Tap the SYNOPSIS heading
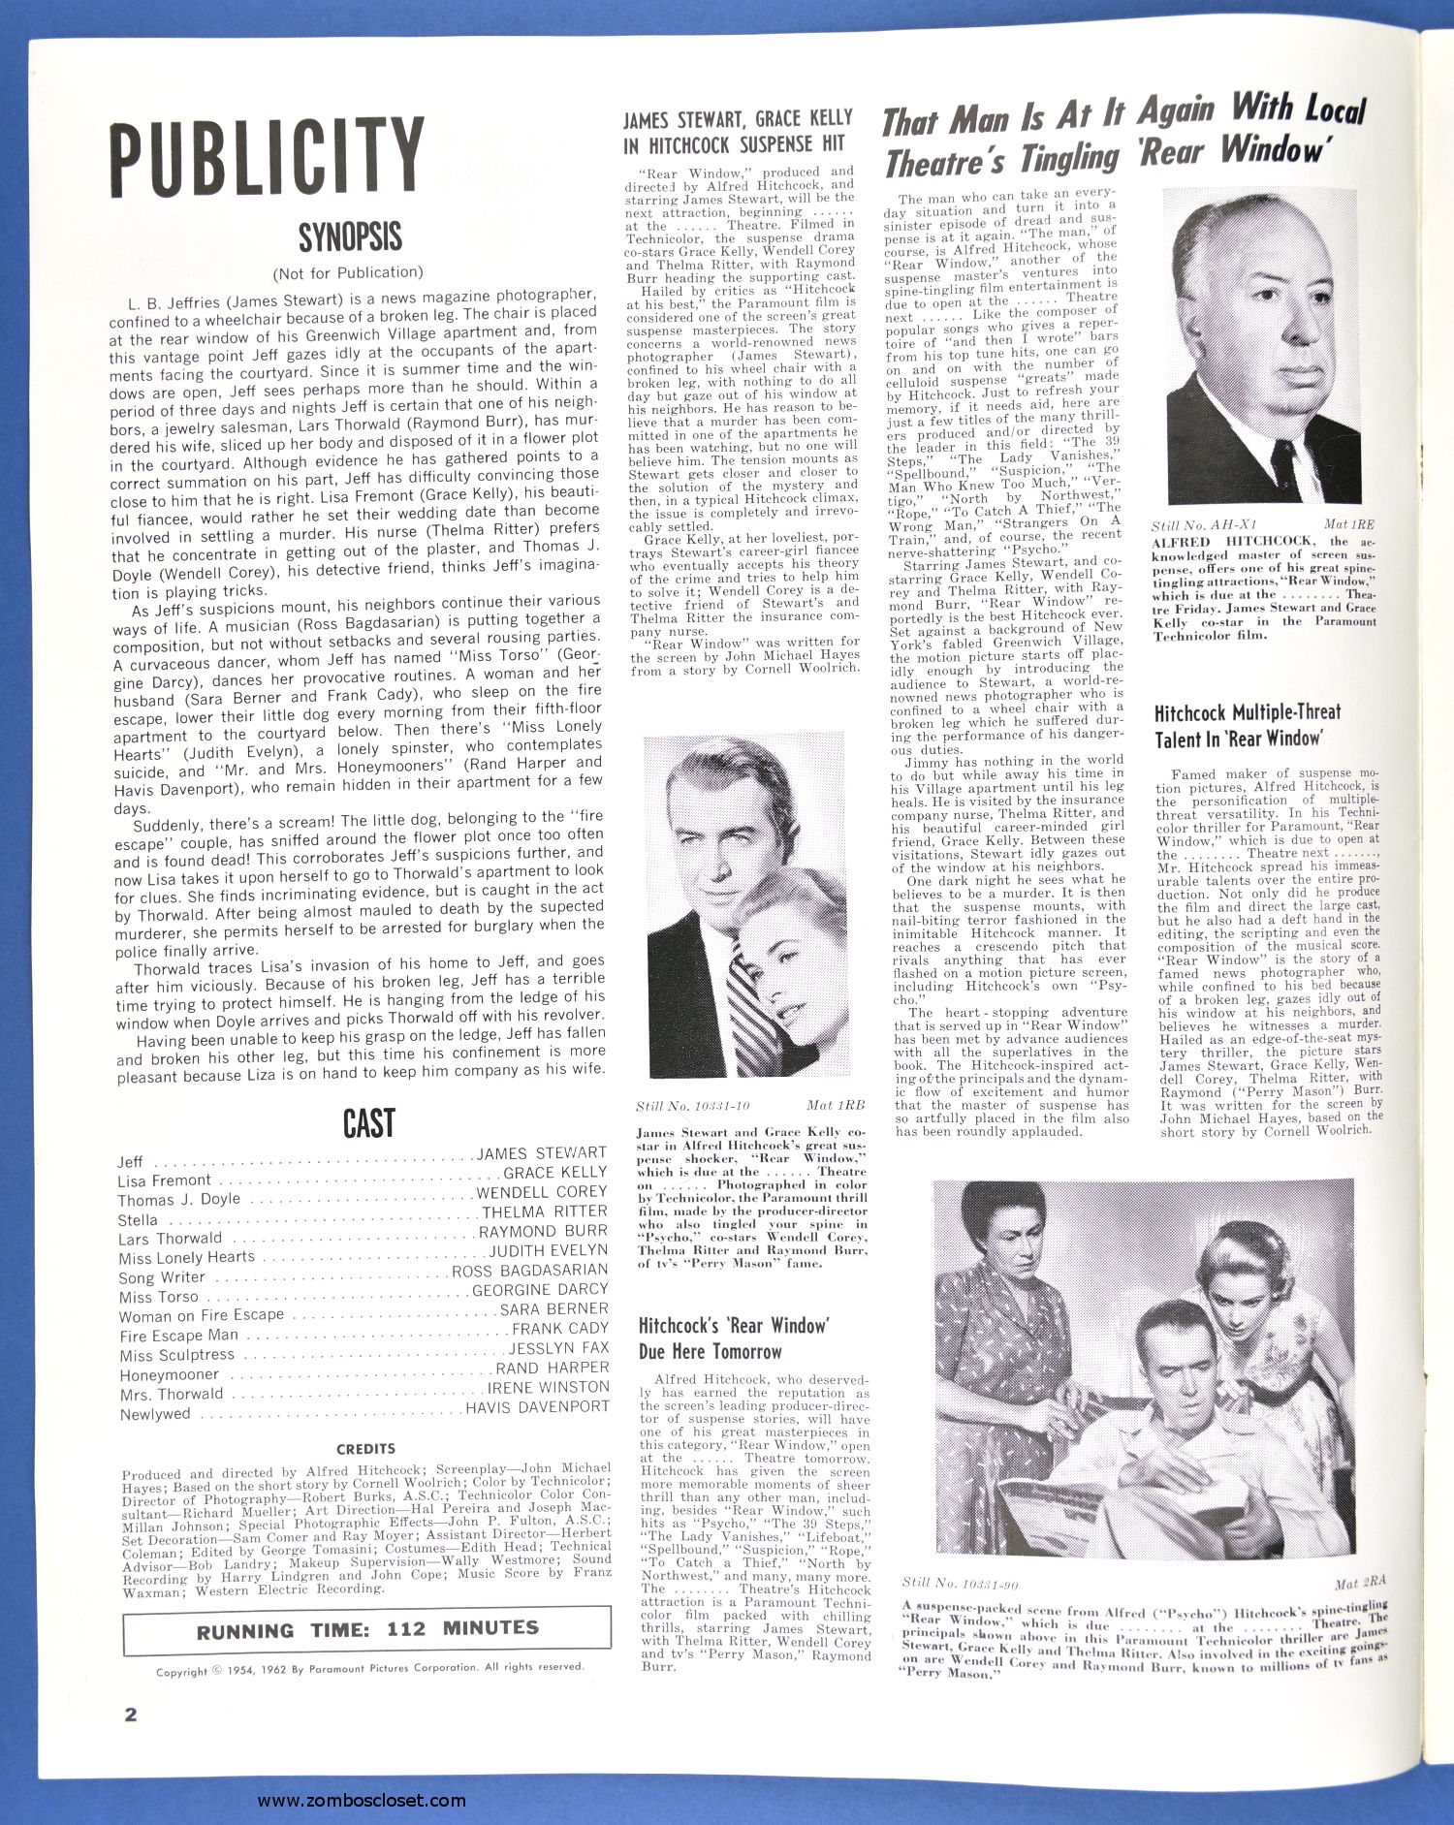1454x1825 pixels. click(350, 236)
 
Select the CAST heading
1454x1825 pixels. click(368, 1123)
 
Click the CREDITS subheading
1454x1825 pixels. click(365, 1448)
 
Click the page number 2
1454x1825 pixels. click(131, 1714)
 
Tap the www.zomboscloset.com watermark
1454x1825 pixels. click(362, 1801)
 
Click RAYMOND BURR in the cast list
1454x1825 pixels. click(543, 1231)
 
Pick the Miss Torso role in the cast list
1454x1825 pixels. click(159, 1297)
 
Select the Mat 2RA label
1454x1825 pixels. click(1359, 1584)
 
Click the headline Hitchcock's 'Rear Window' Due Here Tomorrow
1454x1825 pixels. click(734, 1337)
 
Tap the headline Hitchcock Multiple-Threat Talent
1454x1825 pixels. click(1248, 725)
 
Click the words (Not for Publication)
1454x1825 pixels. click(348, 272)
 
